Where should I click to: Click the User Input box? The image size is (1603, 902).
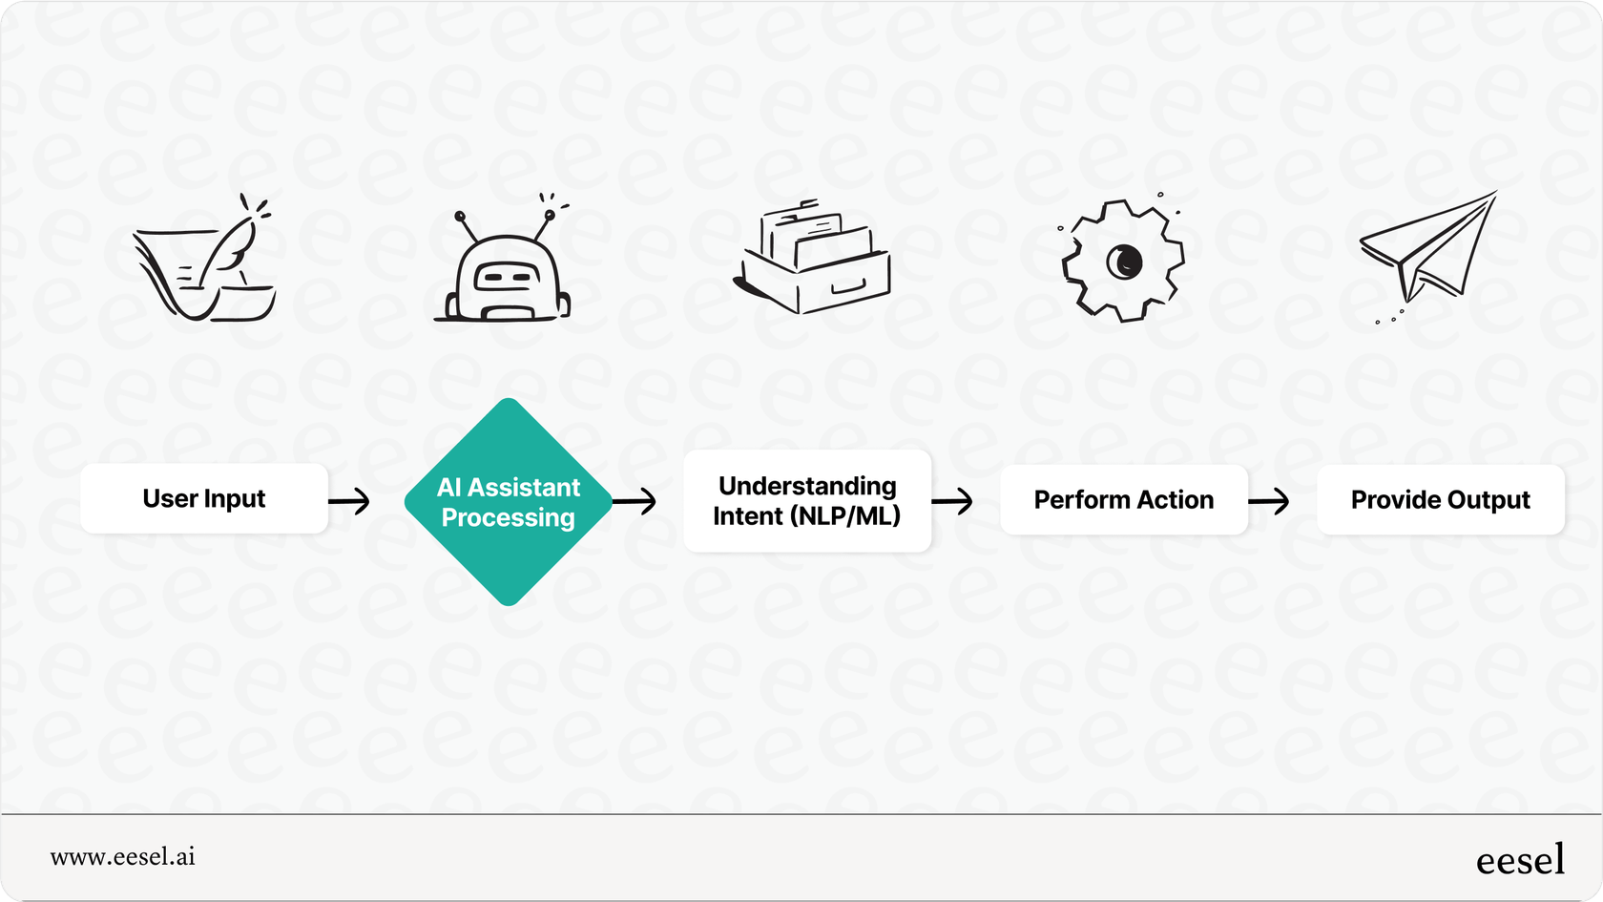[x=204, y=499]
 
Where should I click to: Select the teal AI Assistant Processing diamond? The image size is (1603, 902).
[x=509, y=502]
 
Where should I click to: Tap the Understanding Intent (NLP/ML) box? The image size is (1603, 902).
[x=807, y=501]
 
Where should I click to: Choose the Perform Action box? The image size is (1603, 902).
[x=1124, y=500]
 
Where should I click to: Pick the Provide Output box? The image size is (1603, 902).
[x=1440, y=500]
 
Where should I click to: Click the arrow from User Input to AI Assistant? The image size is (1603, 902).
[x=349, y=500]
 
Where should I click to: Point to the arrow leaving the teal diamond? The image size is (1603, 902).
[x=635, y=500]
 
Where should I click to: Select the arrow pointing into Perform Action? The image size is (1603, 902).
[x=952, y=500]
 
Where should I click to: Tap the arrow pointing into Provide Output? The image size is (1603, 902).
[x=1269, y=500]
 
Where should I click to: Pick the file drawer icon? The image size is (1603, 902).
[x=814, y=257]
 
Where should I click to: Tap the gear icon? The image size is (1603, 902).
[x=1123, y=260]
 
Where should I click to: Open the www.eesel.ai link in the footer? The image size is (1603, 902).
[x=123, y=857]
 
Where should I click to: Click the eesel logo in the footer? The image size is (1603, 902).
[x=1520, y=860]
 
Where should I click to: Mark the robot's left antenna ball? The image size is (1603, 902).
[x=460, y=217]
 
